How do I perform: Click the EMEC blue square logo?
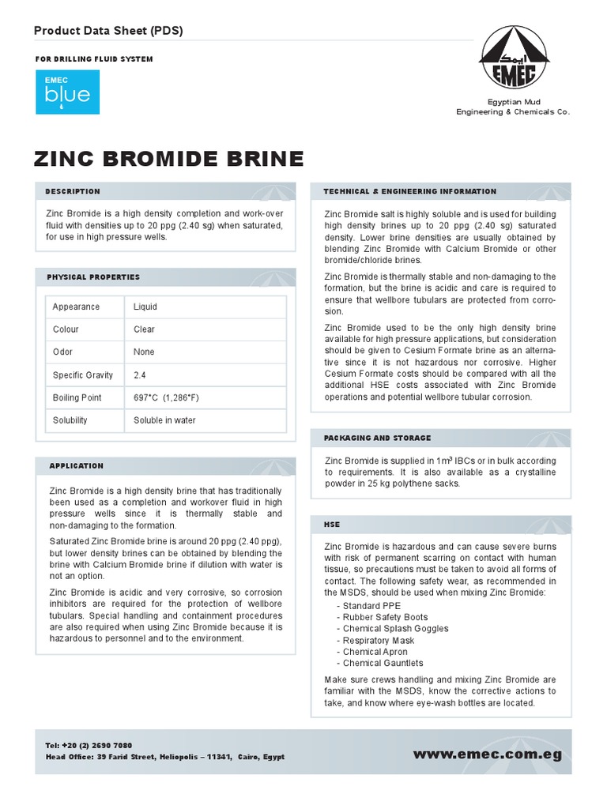pyautogui.click(x=67, y=92)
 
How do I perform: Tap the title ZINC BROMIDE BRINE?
pyautogui.click(x=169, y=159)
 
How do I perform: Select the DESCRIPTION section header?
pyautogui.click(x=73, y=191)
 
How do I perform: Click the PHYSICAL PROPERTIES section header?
pyautogui.click(x=93, y=277)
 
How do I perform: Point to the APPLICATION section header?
pyautogui.click(x=77, y=466)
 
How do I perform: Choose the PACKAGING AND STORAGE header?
pyautogui.click(x=377, y=438)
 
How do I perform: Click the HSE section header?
pyautogui.click(x=332, y=524)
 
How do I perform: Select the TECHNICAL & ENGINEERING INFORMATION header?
pyautogui.click(x=410, y=191)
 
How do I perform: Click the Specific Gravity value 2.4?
pyautogui.click(x=141, y=375)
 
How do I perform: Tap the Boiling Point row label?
pyautogui.click(x=77, y=398)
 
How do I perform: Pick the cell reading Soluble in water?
pyautogui.click(x=164, y=420)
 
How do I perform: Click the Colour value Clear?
pyautogui.click(x=145, y=329)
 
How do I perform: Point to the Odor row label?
pyautogui.click(x=63, y=352)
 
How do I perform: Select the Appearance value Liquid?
pyautogui.click(x=145, y=307)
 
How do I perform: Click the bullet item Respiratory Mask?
pyautogui.click(x=378, y=641)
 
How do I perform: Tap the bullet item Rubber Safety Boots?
pyautogui.click(x=385, y=617)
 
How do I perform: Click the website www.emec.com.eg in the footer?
pyautogui.click(x=488, y=754)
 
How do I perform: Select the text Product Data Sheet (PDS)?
pyautogui.click(x=108, y=30)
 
